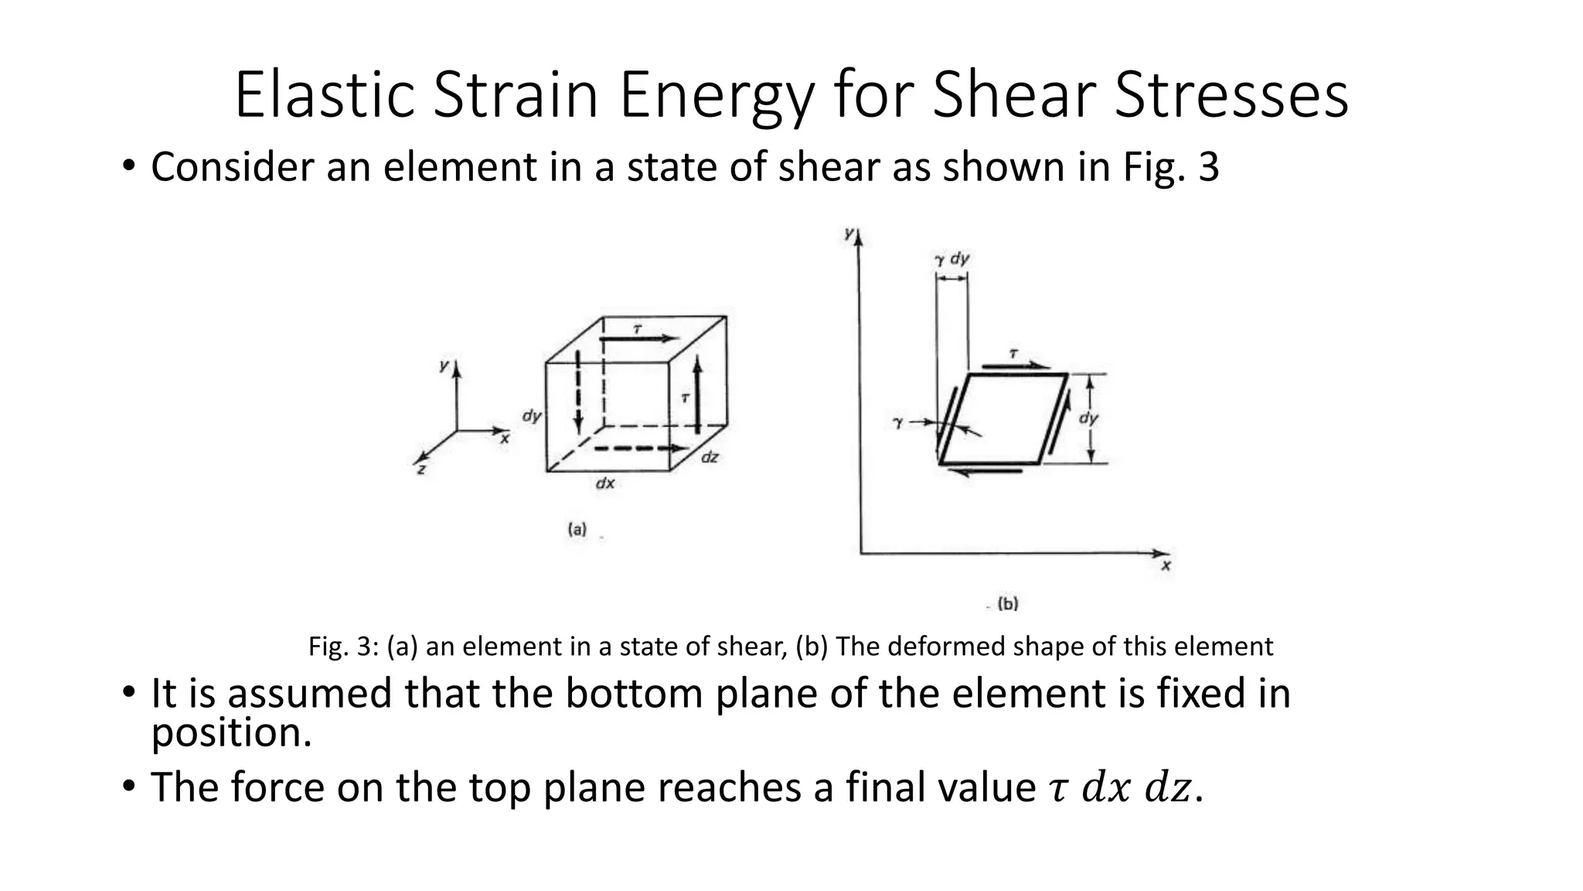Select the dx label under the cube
604,483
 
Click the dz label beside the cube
710,458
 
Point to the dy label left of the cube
531,415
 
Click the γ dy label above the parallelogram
952,259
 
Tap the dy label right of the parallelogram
1088,418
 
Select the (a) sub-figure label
577,530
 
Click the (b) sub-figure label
1008,603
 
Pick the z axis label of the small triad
421,469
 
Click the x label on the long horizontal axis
1166,566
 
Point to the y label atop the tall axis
849,232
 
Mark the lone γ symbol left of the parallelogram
897,423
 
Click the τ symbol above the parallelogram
1013,354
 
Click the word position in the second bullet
230,732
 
